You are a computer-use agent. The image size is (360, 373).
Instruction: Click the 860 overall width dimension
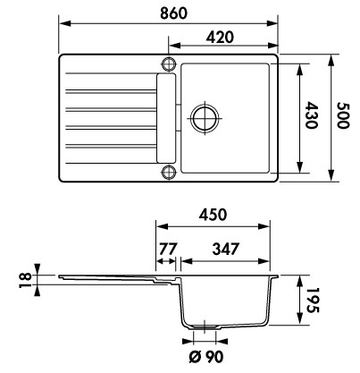174,13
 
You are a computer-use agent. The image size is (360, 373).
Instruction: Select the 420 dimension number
220,38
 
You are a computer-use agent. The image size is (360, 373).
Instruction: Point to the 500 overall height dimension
342,115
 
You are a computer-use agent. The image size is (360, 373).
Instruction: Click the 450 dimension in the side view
213,215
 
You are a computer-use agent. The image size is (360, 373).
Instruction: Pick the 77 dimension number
168,249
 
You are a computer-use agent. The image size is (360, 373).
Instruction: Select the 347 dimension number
225,249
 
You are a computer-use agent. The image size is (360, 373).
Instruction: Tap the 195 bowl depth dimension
313,301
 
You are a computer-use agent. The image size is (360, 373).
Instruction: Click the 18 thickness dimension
25,280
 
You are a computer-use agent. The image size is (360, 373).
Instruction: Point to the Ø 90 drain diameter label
206,357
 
